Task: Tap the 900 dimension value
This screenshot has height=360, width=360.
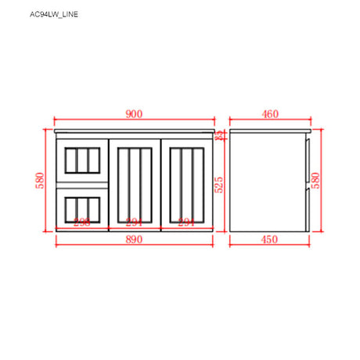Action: (x=134, y=114)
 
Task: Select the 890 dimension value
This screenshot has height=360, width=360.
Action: (x=134, y=239)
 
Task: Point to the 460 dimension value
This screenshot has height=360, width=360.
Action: (x=270, y=114)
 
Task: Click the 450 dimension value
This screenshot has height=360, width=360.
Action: (x=270, y=239)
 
